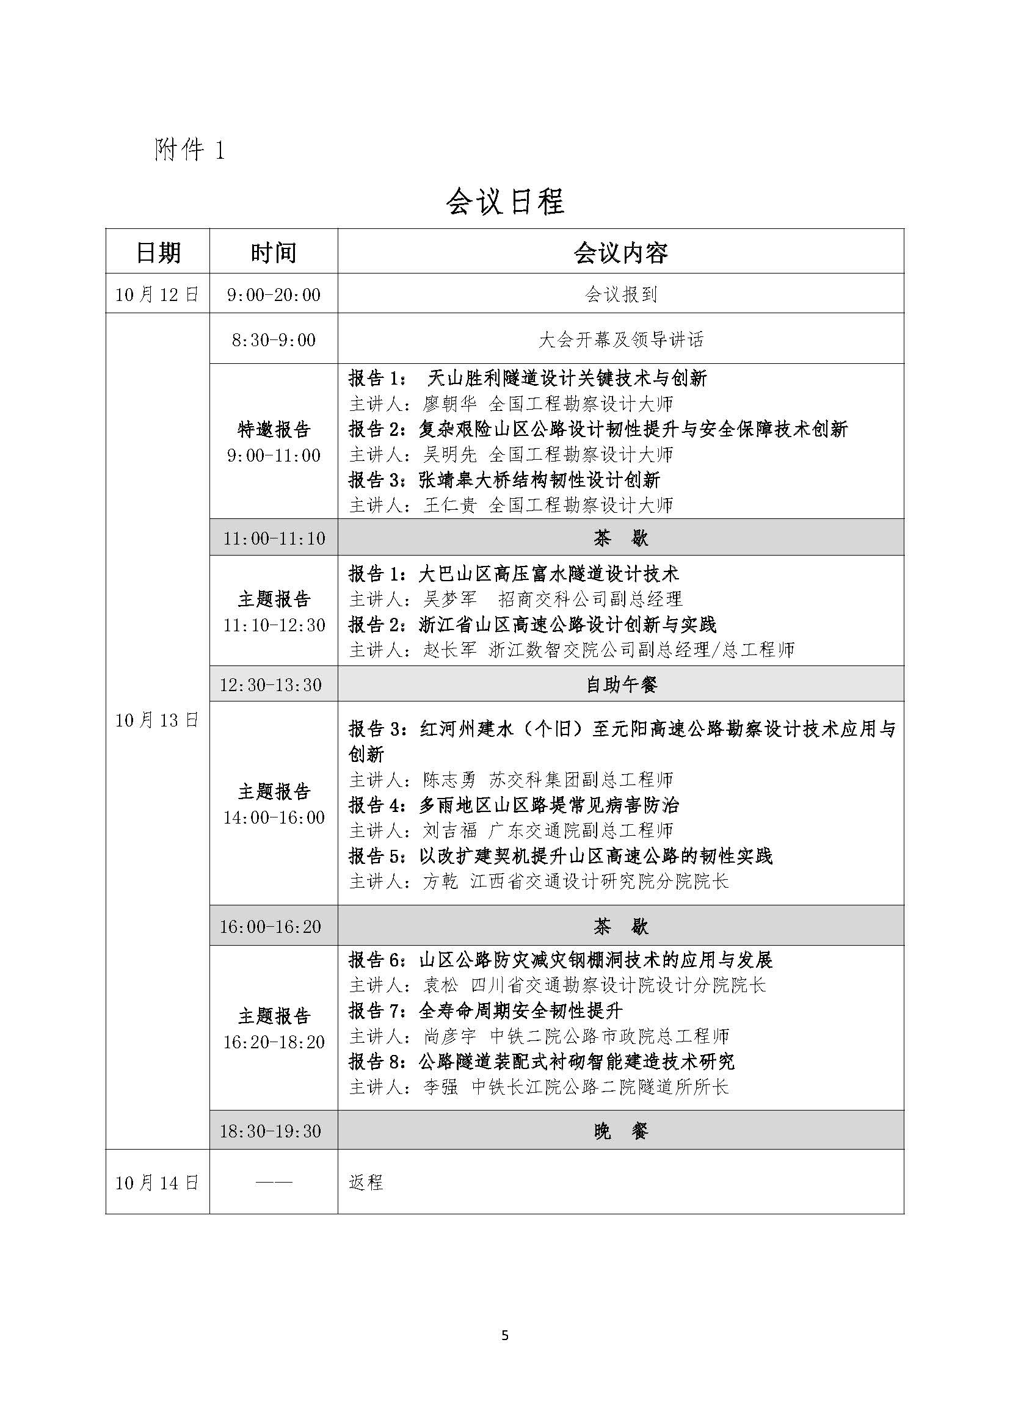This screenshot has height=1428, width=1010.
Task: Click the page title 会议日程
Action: click(504, 201)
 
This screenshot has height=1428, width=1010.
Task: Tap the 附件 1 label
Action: click(189, 150)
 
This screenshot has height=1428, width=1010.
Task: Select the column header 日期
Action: click(158, 253)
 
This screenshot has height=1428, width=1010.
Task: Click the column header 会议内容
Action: click(620, 253)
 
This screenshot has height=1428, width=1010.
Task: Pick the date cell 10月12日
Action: click(157, 294)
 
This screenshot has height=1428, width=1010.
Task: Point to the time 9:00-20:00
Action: click(274, 294)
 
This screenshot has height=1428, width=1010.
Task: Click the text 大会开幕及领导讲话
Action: click(620, 339)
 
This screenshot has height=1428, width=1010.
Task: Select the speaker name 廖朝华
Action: click(449, 404)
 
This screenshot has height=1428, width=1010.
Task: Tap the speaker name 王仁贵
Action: click(449, 505)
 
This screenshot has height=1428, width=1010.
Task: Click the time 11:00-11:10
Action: click(274, 538)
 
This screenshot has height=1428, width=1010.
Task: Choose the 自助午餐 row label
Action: click(620, 685)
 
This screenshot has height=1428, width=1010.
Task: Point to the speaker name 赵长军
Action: click(449, 650)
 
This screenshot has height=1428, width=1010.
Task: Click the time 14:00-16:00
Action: click(274, 817)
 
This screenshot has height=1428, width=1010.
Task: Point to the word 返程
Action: click(366, 1182)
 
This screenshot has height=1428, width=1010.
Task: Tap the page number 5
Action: click(504, 1335)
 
